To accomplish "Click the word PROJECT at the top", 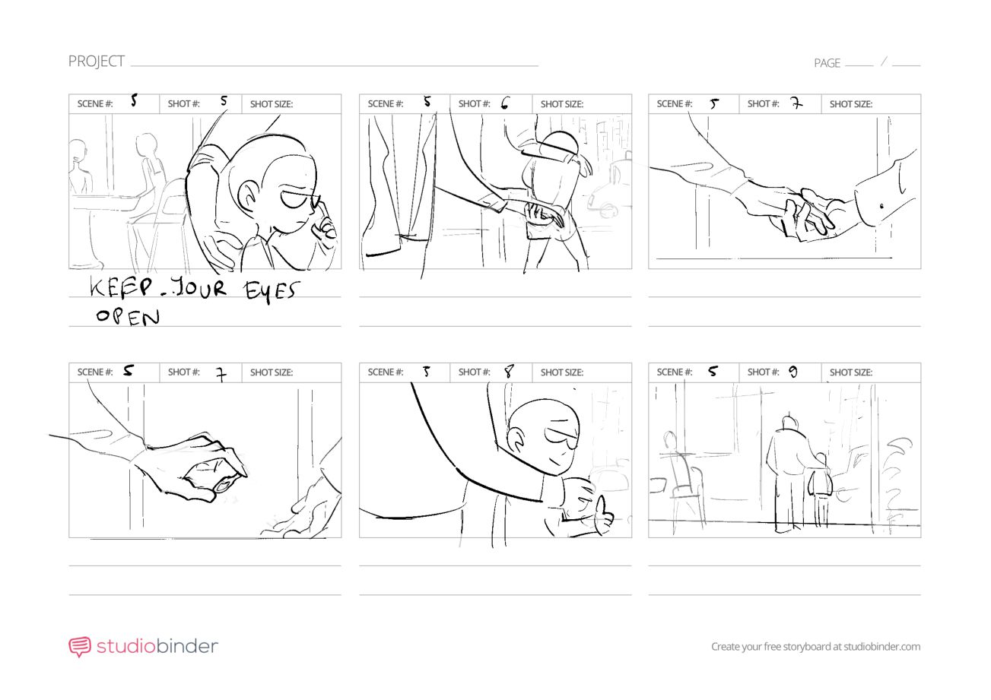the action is (97, 62).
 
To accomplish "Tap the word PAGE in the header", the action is (827, 63).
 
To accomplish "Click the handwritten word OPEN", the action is (128, 317).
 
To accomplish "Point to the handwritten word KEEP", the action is (121, 287).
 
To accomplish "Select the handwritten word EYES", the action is (271, 291).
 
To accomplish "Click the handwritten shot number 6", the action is (505, 103).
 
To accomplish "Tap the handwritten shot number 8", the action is (510, 372).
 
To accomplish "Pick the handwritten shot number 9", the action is (793, 372).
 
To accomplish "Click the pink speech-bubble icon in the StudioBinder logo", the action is (80, 647).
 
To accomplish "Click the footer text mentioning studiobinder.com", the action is (815, 647).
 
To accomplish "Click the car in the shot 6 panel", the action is (609, 190).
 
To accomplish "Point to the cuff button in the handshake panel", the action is (881, 207).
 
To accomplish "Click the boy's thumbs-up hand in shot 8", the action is (603, 513).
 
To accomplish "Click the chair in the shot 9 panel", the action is (686, 486).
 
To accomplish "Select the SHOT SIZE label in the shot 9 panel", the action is (851, 372).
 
